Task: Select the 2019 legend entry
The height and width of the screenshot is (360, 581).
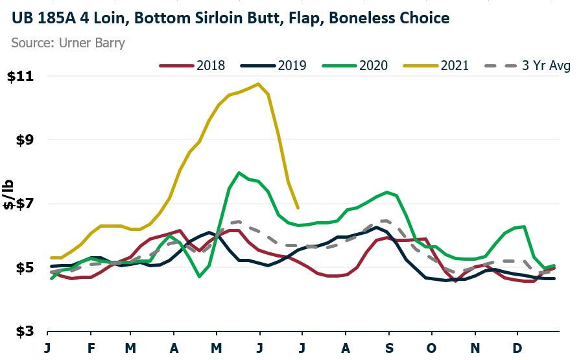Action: [x=273, y=66]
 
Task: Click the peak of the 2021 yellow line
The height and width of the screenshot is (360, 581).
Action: [x=259, y=84]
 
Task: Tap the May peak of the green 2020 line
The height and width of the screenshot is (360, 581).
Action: [x=239, y=173]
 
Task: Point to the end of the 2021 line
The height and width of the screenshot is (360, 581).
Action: [x=298, y=208]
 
